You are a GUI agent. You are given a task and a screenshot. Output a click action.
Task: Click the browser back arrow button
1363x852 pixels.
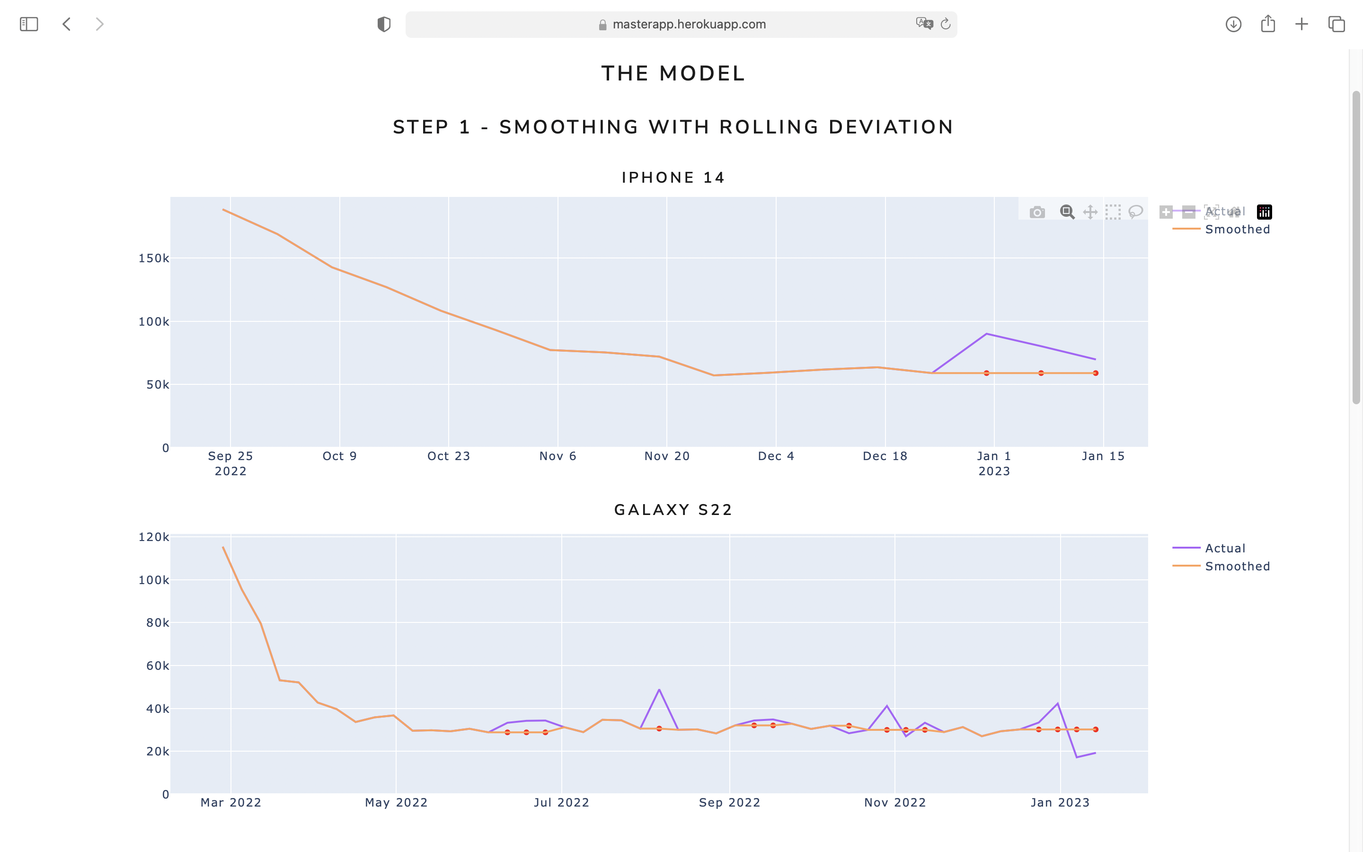pyautogui.click(x=66, y=24)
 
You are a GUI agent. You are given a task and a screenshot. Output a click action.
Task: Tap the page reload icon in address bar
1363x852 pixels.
pyautogui.click(x=946, y=24)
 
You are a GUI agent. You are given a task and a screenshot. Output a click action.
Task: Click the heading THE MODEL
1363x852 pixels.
pyautogui.click(x=673, y=73)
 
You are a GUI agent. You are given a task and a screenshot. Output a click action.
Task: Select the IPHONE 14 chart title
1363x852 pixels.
pyautogui.click(x=673, y=177)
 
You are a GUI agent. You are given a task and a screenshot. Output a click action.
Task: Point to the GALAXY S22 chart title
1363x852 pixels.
pyautogui.click(x=673, y=510)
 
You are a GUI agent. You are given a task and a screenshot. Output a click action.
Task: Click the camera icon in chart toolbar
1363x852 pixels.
pyautogui.click(x=1037, y=213)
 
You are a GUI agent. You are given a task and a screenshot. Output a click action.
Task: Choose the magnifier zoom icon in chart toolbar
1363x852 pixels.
pyautogui.click(x=1067, y=212)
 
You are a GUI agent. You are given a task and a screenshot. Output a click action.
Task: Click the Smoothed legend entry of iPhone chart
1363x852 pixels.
pyautogui.click(x=1237, y=230)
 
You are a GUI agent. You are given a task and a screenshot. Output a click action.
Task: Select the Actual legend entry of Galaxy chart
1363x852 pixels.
pyautogui.click(x=1224, y=548)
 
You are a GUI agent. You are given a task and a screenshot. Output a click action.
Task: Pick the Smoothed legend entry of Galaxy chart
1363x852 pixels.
pyautogui.click(x=1237, y=566)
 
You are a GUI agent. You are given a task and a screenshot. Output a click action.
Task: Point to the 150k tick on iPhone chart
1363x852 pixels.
pyautogui.click(x=153, y=258)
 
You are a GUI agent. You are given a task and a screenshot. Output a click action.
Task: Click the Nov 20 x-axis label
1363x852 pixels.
pyautogui.click(x=667, y=456)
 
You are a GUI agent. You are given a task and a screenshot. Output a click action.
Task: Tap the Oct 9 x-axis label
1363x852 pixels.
pyautogui.click(x=340, y=456)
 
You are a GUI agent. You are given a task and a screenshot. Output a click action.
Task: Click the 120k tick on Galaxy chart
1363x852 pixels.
pyautogui.click(x=153, y=537)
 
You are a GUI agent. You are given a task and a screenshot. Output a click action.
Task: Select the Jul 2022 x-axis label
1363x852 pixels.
pyautogui.click(x=562, y=802)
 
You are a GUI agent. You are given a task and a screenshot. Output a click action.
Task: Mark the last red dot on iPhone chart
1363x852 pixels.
pyautogui.click(x=1096, y=373)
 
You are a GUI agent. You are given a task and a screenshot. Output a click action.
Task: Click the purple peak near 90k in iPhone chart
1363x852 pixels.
pyautogui.click(x=986, y=334)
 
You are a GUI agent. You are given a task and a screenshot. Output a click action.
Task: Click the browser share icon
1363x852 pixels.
pyautogui.click(x=1268, y=24)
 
